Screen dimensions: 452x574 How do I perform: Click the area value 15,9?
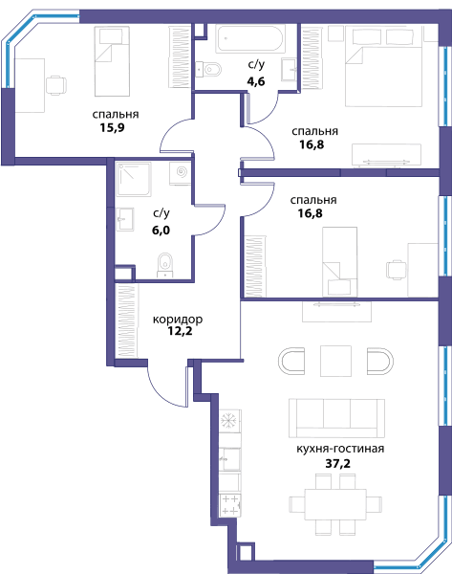(112, 128)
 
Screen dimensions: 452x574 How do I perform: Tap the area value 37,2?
(337, 463)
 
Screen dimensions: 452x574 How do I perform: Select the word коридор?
(178, 320)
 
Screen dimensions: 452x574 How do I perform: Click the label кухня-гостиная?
(340, 449)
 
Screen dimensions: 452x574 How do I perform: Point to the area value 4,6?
(256, 81)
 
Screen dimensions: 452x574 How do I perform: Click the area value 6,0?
(161, 231)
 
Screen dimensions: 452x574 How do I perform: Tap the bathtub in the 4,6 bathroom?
(250, 39)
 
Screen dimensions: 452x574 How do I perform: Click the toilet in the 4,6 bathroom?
(208, 69)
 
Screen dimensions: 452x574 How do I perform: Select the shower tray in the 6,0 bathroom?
(134, 180)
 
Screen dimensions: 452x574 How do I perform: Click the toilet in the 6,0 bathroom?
(165, 265)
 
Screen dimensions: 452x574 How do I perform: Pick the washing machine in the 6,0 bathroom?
(181, 173)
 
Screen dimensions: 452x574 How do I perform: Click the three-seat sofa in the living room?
(336, 418)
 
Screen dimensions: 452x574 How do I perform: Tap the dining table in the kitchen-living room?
(335, 504)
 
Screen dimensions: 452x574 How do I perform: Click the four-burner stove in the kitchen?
(230, 505)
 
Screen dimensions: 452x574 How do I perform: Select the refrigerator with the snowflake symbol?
(230, 421)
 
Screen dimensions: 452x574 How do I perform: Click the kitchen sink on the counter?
(230, 458)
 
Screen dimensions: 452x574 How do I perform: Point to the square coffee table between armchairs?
(335, 361)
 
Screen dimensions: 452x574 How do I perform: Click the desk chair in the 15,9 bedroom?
(56, 85)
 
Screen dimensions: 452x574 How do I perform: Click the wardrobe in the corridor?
(126, 321)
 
